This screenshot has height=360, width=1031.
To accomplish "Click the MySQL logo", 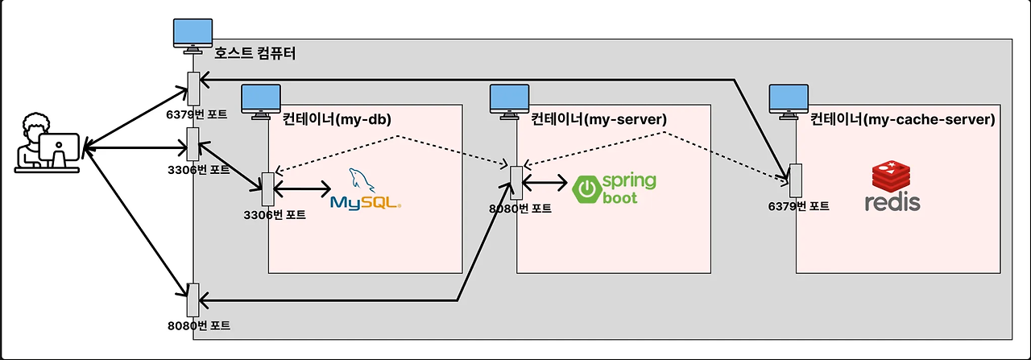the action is point(366,189).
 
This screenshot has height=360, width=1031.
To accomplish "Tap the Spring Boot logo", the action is point(614,188).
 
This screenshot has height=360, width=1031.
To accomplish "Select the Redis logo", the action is point(892,186).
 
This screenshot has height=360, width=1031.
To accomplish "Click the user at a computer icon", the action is point(48,143).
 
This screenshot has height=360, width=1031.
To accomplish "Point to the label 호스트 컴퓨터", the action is point(255,53).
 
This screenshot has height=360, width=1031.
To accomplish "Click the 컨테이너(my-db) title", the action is point(337,119).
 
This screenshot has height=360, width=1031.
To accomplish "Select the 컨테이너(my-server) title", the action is point(598,119).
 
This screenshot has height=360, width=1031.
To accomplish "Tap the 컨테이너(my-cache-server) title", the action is point(903,119).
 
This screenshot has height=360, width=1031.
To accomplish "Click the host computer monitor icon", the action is point(193,36).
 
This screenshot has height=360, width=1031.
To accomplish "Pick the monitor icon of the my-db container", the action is point(261,101).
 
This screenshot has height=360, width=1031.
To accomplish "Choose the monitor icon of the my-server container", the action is point(509,101).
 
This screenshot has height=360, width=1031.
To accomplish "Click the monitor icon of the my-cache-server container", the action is point(789,101).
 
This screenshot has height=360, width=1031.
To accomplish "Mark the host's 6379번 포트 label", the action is point(197,114).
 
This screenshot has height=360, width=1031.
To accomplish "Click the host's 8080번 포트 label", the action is point(199,326).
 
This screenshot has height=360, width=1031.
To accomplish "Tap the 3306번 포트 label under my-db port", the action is point(275,215).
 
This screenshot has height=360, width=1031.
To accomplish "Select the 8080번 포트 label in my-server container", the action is point(520,209).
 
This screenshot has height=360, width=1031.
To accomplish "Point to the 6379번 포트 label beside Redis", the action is point(798,206).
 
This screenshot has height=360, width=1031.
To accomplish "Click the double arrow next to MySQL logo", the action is point(302,188).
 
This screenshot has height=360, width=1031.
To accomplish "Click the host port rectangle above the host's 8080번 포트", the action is point(193,300).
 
